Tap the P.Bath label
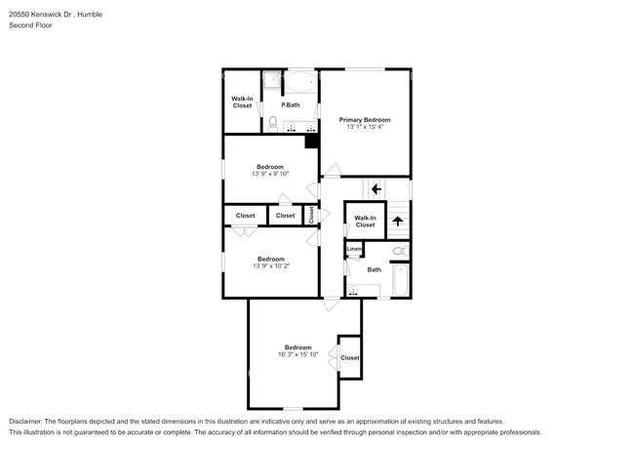point(290,104)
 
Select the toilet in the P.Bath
point(273,123)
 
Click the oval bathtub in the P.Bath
point(299,81)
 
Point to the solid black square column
point(312,141)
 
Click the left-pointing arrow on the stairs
point(376,188)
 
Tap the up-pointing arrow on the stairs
point(397,222)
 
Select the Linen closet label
point(354,249)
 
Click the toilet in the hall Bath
point(399,251)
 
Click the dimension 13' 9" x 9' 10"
point(270,174)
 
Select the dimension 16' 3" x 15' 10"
point(297,354)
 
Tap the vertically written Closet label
point(312,215)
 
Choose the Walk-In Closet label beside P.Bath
point(242,102)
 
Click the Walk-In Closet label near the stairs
point(365,222)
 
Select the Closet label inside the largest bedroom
point(349,358)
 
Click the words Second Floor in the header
point(31,25)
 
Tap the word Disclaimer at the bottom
point(26,421)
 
